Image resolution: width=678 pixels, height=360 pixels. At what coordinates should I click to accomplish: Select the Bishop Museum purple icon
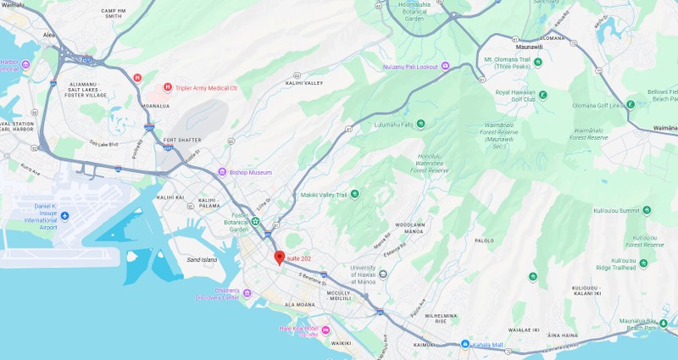[222, 172]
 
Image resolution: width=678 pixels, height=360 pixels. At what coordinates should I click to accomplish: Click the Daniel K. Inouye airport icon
[65, 217]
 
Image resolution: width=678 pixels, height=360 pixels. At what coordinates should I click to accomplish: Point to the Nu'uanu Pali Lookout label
[411, 66]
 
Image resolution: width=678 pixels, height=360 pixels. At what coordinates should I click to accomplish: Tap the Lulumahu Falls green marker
[420, 125]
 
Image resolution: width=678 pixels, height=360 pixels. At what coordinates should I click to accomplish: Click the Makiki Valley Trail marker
[354, 194]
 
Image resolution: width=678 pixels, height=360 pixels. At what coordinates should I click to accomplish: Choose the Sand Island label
[202, 260]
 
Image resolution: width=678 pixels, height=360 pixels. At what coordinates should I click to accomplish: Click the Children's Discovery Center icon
[247, 293]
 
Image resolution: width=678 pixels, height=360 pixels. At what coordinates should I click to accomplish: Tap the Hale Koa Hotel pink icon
[325, 330]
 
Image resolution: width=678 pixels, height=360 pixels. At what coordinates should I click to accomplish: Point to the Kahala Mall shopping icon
[464, 344]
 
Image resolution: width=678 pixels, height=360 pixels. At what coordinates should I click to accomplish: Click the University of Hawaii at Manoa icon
[383, 274]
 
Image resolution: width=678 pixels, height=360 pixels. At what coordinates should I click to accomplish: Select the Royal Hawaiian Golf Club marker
[542, 94]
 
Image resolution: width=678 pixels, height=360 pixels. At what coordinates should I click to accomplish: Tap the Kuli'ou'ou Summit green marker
[647, 210]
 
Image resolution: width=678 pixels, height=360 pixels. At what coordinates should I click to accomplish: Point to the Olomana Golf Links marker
[630, 105]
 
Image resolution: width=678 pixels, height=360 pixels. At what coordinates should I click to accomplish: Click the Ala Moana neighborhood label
[299, 304]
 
